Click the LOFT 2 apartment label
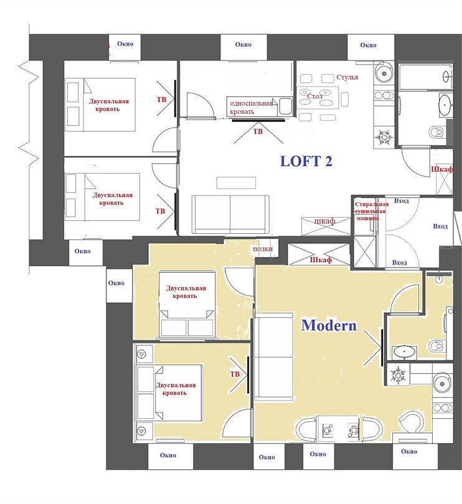(306, 161)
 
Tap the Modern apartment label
(329, 325)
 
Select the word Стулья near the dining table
(347, 77)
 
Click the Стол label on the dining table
(314, 96)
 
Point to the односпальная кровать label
(252, 108)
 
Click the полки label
(263, 249)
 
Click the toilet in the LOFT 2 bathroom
(436, 131)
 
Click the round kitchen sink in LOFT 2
(384, 73)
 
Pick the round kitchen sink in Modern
(442, 383)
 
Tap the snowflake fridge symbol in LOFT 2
(384, 138)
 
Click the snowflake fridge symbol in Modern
(398, 375)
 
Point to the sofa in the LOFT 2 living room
(230, 214)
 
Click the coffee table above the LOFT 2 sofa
(236, 182)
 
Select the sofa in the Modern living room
(274, 357)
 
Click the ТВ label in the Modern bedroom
(235, 374)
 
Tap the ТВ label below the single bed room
(258, 131)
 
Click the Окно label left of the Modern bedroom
(116, 283)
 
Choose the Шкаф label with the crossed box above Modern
(321, 259)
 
